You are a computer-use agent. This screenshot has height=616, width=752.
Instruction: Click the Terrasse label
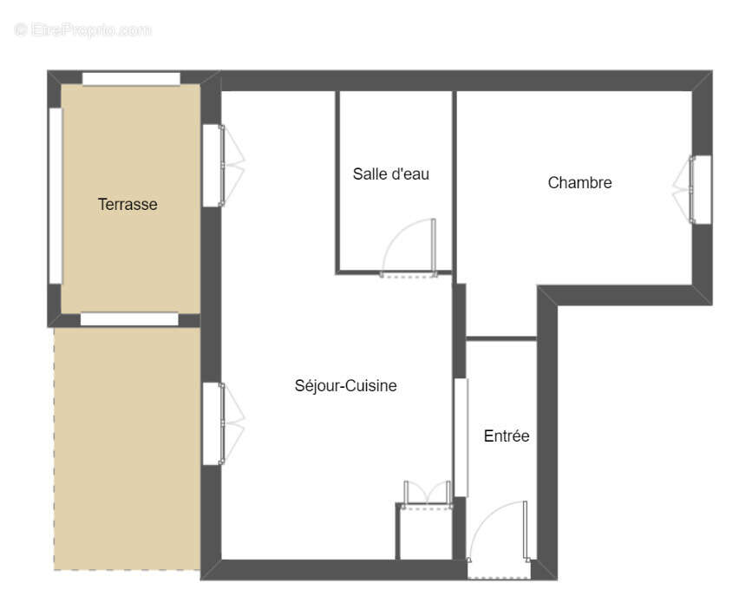click(128, 205)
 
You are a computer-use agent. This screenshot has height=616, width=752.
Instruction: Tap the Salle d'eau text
click(390, 174)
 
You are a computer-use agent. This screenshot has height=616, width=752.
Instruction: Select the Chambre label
click(579, 182)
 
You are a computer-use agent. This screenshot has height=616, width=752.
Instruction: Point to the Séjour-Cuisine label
click(345, 385)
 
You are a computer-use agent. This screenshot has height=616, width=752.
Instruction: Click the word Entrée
click(506, 436)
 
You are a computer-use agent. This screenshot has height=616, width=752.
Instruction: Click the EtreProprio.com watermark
click(83, 29)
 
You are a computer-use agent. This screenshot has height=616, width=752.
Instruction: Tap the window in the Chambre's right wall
click(701, 189)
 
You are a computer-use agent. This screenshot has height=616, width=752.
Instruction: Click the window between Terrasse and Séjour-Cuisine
click(213, 165)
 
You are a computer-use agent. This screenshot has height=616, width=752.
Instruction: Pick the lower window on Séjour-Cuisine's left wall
click(213, 423)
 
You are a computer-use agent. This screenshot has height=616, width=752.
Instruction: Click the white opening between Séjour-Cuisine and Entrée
click(461, 437)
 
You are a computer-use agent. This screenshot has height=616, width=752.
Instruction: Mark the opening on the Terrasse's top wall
click(131, 79)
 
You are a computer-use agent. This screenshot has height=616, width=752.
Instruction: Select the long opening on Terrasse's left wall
click(56, 195)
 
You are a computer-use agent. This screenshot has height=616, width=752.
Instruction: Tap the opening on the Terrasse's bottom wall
click(129, 319)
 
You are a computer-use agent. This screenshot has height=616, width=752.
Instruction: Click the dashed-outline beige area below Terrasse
click(128, 447)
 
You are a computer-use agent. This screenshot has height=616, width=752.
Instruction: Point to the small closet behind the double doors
click(424, 534)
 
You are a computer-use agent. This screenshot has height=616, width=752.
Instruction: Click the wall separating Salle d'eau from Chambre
click(454, 182)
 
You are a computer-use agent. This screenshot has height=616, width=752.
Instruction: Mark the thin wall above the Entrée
click(501, 338)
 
